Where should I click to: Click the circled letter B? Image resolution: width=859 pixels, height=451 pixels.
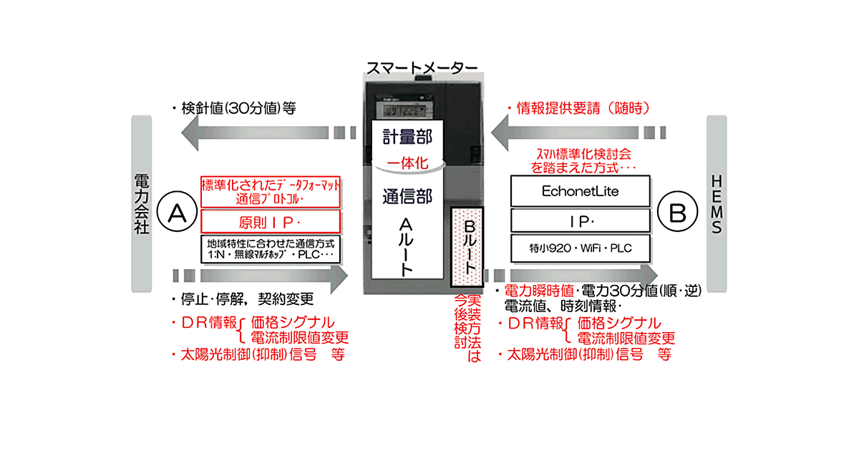[x=678, y=213]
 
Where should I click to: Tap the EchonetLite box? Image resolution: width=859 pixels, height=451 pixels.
[x=580, y=192]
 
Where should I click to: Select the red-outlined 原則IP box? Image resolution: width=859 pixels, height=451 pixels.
[x=271, y=220]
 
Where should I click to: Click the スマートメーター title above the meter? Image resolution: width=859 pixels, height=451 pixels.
[x=422, y=68]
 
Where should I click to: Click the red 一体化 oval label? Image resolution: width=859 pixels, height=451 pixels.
[x=407, y=163]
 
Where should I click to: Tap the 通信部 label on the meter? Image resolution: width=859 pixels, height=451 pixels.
[x=406, y=195]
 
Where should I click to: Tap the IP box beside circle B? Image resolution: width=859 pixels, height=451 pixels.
[x=580, y=220]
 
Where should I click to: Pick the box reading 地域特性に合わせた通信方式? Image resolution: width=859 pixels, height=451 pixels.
[x=271, y=249]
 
